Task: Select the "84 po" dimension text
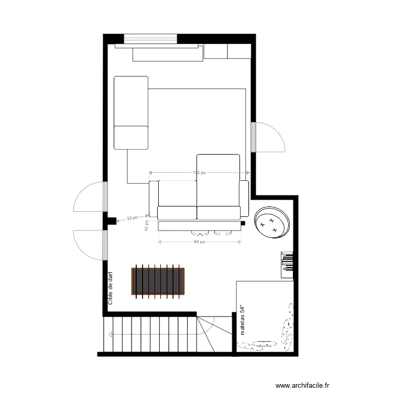199,242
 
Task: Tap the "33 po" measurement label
132,218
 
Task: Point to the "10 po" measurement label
147,225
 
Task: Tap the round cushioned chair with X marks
272,222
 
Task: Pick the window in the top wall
151,39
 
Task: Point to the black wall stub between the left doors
110,221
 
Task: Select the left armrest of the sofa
153,200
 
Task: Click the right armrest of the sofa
244,200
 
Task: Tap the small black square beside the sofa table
243,224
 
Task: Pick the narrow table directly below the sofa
199,226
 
